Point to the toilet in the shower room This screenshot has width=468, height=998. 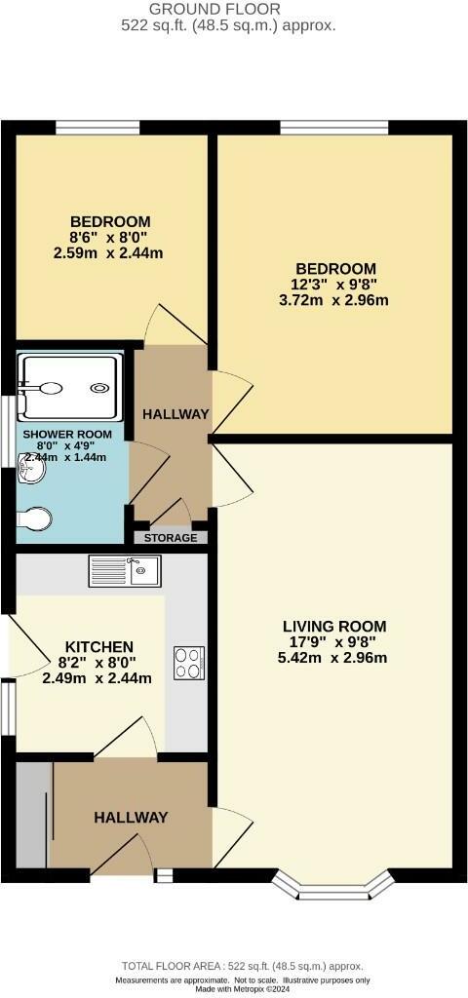click(36, 518)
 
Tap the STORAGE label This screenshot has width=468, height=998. click(171, 538)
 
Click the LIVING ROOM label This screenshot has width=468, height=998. click(334, 626)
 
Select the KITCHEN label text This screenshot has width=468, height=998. click(98, 646)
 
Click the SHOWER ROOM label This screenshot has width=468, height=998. click(67, 434)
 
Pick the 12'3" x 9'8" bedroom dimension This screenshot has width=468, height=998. click(335, 284)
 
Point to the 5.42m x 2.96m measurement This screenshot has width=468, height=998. click(332, 657)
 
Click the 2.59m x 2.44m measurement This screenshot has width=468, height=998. click(108, 253)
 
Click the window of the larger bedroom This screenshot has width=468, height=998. click(334, 127)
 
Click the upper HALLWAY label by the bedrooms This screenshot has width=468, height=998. click(176, 413)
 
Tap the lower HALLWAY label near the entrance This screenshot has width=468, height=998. click(131, 818)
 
